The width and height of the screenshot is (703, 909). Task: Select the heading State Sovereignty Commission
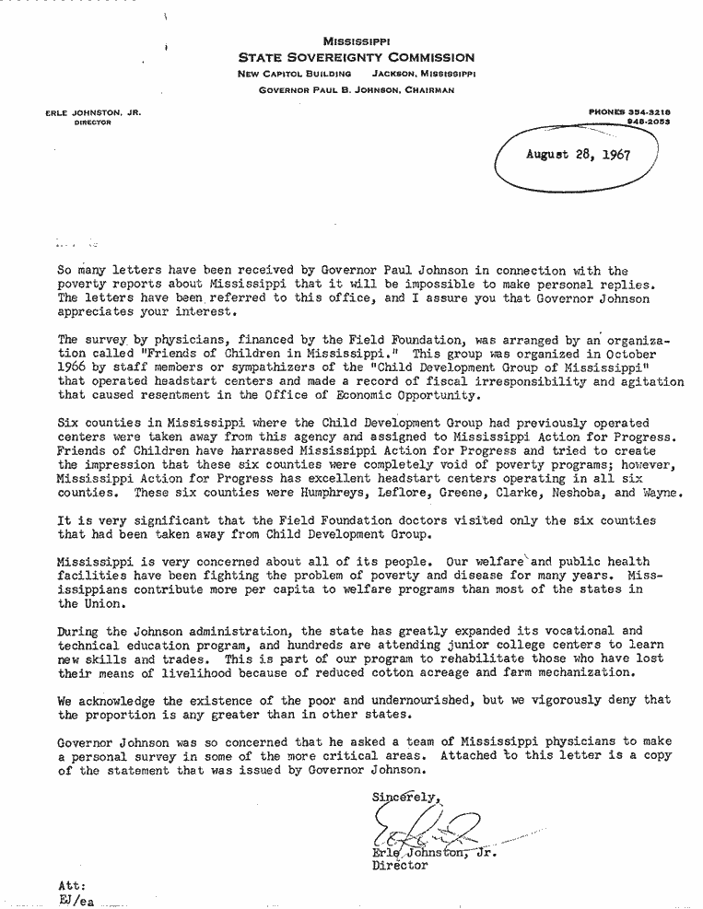[x=357, y=57]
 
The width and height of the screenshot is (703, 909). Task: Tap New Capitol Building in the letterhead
[x=294, y=73]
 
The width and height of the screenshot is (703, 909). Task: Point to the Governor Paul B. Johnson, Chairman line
[x=357, y=90]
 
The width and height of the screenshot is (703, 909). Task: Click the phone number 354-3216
[x=644, y=111]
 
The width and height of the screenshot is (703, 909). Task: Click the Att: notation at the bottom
[x=73, y=885]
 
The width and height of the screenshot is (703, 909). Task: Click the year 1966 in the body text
[x=73, y=367]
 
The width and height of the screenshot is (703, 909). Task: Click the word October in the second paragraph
[x=629, y=355]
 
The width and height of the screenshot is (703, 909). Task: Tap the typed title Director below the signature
[x=400, y=866]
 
